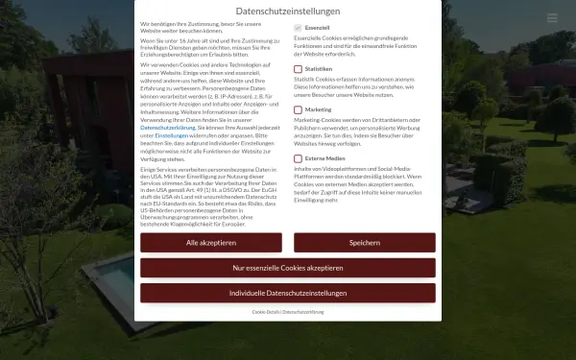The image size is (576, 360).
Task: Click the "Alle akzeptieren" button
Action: coord(211,243)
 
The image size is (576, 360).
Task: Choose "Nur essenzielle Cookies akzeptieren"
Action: coord(288,268)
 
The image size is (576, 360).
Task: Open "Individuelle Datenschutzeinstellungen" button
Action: coord(288,293)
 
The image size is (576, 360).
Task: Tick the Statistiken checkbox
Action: coord(298,70)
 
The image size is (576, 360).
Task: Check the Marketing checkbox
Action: coord(298,109)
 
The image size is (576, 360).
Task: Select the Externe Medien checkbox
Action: coord(298,156)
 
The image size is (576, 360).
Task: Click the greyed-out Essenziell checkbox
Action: coord(298,30)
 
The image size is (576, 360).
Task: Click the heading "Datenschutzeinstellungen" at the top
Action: coord(288,11)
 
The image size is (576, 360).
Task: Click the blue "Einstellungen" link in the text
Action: coord(172,135)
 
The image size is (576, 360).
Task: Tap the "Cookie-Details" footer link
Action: coord(266,312)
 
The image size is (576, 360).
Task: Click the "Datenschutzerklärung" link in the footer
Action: coord(303,312)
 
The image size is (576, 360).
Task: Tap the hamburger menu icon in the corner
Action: coord(552,18)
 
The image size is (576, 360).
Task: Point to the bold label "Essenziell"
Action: coord(318,30)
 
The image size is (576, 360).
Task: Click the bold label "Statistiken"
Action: coord(319,70)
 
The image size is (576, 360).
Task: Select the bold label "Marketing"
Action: coord(318,109)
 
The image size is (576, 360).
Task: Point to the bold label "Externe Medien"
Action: coord(324,156)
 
